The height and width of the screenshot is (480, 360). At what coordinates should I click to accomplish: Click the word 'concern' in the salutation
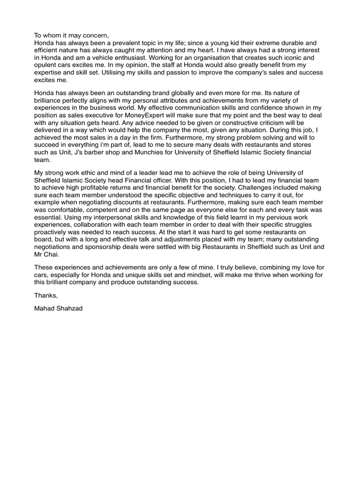94,35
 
